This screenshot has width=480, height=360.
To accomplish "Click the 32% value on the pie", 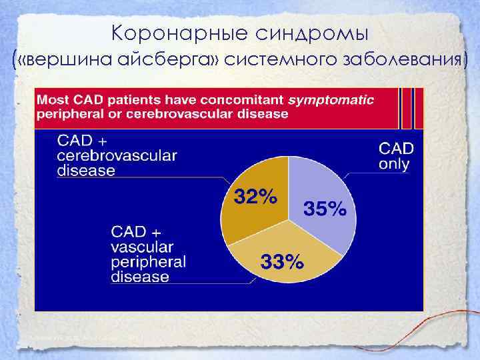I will pos(255,197).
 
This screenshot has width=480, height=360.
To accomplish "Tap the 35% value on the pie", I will pos(325,209).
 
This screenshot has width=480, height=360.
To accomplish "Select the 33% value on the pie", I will pos(282,262).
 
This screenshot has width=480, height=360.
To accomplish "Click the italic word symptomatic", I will pos(330,101).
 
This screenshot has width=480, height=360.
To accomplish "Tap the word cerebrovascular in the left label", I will pos(117,155).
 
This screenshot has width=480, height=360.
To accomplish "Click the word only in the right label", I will pos(395,164).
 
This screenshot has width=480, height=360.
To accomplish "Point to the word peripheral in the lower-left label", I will pos(148,261).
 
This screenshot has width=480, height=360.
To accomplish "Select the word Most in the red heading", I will pos(52,101).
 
